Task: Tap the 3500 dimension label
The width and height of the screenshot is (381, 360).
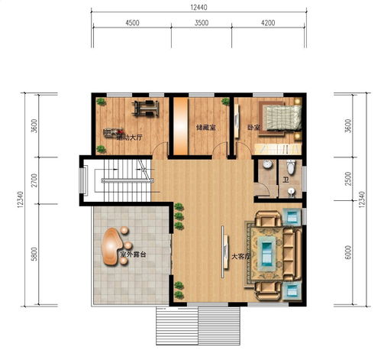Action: click(202, 24)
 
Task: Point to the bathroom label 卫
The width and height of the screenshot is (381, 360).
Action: click(284, 181)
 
